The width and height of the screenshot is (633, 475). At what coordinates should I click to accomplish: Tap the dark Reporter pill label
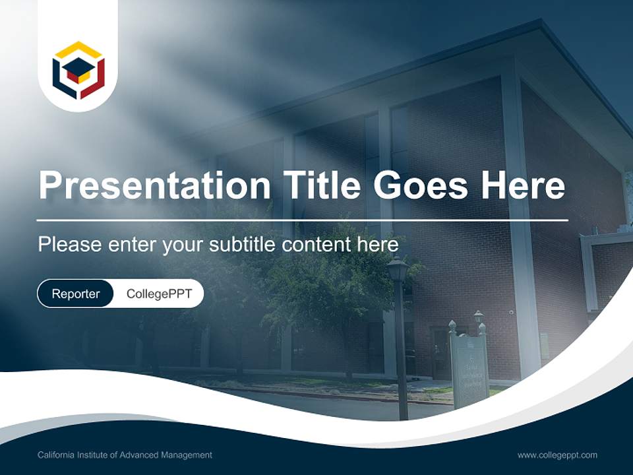(76, 294)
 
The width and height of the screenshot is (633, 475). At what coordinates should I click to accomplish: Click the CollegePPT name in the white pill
(159, 294)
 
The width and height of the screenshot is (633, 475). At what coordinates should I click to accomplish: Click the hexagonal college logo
(78, 70)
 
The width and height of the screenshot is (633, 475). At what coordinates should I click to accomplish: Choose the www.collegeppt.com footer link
(557, 455)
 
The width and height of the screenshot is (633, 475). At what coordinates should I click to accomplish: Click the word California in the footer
(56, 455)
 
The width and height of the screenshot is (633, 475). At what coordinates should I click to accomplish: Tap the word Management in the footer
(189, 455)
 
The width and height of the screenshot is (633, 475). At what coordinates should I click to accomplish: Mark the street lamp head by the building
(398, 269)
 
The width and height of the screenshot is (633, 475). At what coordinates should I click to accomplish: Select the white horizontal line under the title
(303, 220)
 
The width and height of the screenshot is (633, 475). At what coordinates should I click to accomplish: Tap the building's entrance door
(440, 350)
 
